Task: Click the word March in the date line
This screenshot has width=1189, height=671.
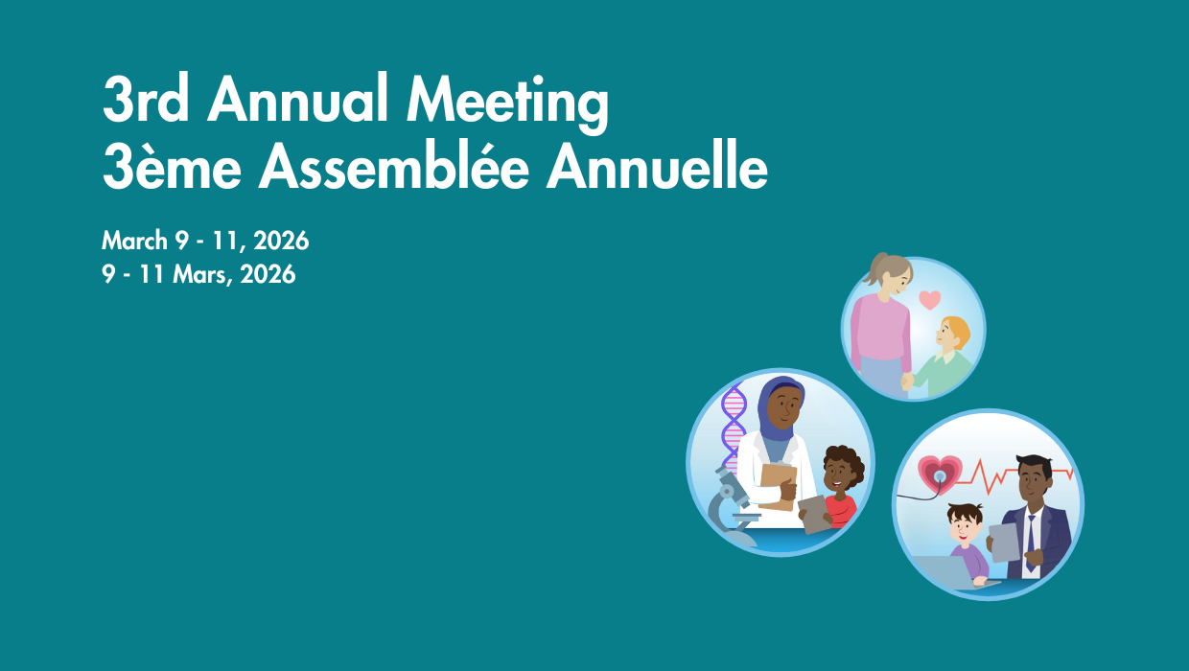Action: (134, 240)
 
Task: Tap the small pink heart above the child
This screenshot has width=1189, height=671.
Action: (929, 299)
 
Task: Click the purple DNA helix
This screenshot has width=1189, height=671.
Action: (734, 422)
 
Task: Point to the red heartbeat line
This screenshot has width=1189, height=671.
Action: (1007, 473)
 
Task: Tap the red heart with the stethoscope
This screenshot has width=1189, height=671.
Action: (940, 472)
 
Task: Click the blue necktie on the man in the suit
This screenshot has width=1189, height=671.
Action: (1031, 543)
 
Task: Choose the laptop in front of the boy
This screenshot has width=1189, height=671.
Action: (944, 572)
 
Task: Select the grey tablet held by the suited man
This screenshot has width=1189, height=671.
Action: (1003, 543)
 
